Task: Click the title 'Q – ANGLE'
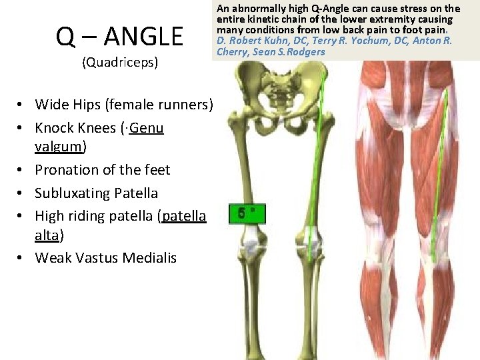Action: tap(119, 37)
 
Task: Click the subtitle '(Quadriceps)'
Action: tap(119, 63)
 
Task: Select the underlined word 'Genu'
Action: tap(147, 127)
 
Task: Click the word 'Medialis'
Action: tap(151, 257)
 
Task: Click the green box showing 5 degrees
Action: tap(247, 214)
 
